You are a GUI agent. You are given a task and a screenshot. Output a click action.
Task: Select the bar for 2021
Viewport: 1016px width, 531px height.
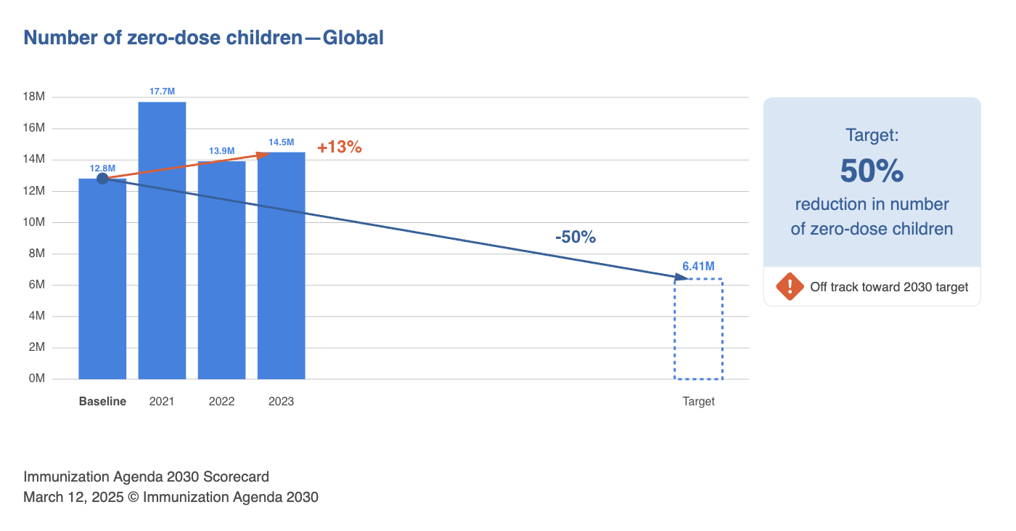(162, 240)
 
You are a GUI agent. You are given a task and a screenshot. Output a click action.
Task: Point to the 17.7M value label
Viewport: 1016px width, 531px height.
(162, 92)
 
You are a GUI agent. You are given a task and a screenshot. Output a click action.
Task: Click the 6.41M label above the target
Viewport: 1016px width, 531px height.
(698, 267)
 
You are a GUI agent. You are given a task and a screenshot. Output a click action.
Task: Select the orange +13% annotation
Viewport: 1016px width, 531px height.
(339, 147)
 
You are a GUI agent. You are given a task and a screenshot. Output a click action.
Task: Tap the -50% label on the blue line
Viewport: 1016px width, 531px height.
(575, 237)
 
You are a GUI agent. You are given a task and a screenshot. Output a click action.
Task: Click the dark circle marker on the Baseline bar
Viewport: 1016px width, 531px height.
(102, 178)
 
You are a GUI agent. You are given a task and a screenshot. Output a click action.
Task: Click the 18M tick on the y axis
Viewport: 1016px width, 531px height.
(34, 97)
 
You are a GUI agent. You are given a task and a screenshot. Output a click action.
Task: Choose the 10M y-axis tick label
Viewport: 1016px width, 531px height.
(34, 222)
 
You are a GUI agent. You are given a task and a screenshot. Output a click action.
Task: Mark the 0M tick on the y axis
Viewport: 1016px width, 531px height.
(36, 378)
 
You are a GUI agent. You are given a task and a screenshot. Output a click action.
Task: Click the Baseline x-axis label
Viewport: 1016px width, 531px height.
(102, 401)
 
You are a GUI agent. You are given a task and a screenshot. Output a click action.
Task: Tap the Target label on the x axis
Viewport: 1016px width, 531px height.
(698, 401)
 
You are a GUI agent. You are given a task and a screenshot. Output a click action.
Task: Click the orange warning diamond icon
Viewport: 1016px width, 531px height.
(790, 286)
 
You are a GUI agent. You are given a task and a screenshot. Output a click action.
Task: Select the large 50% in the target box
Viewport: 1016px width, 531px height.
(872, 171)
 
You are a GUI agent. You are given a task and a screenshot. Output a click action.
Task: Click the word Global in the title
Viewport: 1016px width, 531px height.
(353, 37)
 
